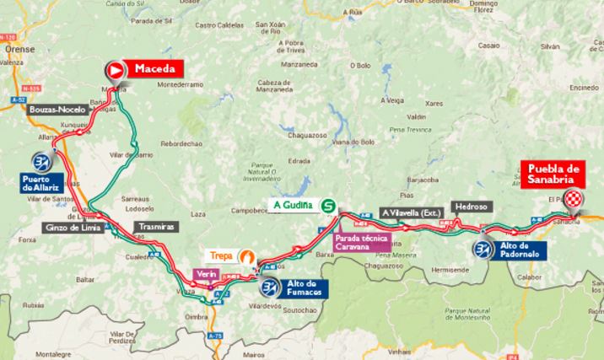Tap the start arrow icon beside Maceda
pos(114,70)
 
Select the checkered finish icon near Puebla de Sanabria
pos(574,199)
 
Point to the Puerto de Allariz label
pos(42,182)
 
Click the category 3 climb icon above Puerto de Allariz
pos(41,161)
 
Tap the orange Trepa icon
pos(247,257)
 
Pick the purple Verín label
pos(207,274)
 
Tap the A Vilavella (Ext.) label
pos(411,213)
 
